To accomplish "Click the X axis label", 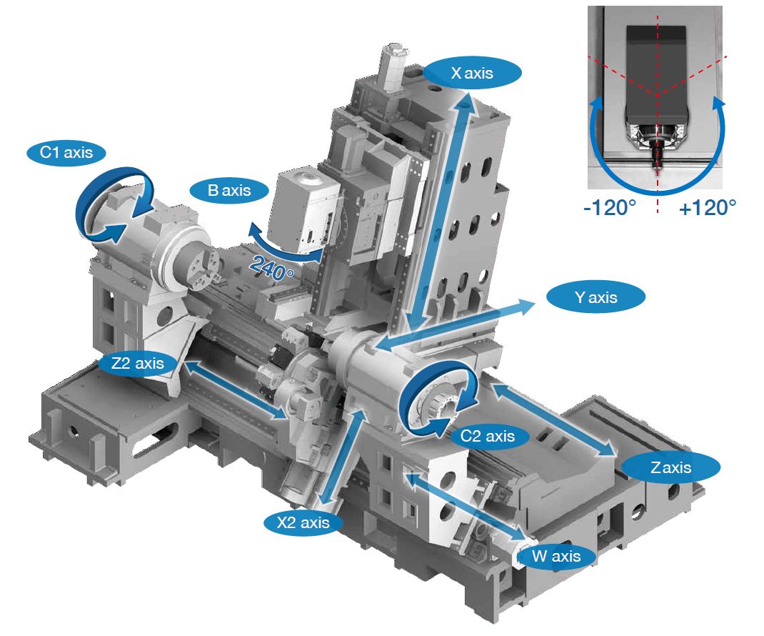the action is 472,73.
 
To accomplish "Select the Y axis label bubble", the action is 595,297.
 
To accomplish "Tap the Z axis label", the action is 670,467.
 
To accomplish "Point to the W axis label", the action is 556,556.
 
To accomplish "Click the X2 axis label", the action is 303,522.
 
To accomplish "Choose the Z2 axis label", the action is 138,363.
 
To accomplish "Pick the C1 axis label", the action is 66,153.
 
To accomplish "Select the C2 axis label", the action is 487,435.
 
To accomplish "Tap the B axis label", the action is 229,190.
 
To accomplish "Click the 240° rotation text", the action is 271,267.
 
